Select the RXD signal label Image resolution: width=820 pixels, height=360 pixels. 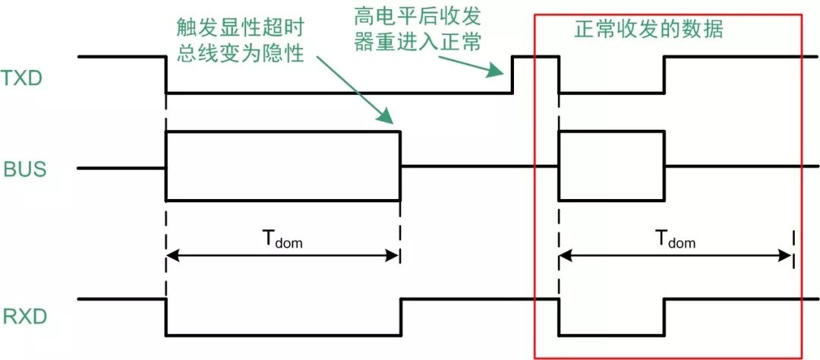tap(24, 316)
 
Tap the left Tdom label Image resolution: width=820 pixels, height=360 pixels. tap(283, 240)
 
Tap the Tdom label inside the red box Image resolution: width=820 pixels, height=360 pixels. tap(675, 240)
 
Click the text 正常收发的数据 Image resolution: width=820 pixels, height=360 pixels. tap(648, 30)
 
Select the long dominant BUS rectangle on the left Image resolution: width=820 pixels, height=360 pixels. tap(282, 166)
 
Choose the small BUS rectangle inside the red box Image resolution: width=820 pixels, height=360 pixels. tap(611, 166)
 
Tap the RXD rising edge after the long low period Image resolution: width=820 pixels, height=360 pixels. tap(401, 316)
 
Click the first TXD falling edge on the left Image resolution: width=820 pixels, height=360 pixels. tap(166, 74)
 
